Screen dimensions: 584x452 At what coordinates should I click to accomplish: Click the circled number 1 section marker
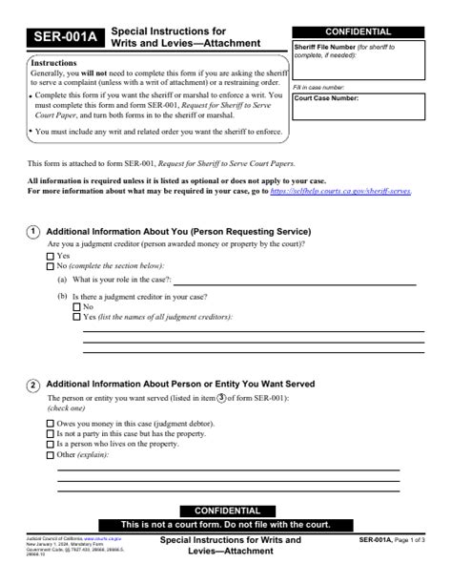(33, 232)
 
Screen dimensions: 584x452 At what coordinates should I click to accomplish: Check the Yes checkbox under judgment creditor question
(51, 257)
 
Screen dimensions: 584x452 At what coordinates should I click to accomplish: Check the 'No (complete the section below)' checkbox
(51, 266)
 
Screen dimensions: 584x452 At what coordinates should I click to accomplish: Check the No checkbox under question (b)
(77, 307)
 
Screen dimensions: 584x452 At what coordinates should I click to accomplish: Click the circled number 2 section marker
(33, 385)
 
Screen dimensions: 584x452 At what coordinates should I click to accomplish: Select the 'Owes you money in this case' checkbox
(51, 422)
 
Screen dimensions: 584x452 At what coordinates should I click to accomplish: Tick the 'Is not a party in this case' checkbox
(51, 433)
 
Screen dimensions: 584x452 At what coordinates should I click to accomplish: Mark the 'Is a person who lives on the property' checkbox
(51, 444)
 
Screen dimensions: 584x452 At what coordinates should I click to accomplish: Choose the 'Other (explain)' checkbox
(51, 455)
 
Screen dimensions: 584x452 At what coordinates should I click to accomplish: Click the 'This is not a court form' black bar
(225, 525)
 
